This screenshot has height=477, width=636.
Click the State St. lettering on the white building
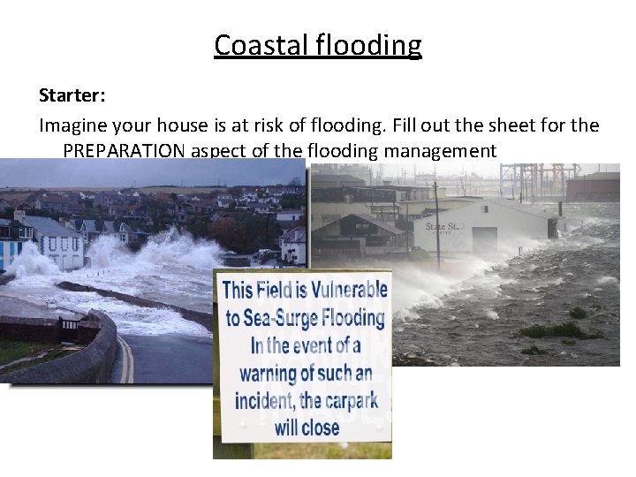(442, 226)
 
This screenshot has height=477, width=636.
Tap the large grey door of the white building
(485, 239)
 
